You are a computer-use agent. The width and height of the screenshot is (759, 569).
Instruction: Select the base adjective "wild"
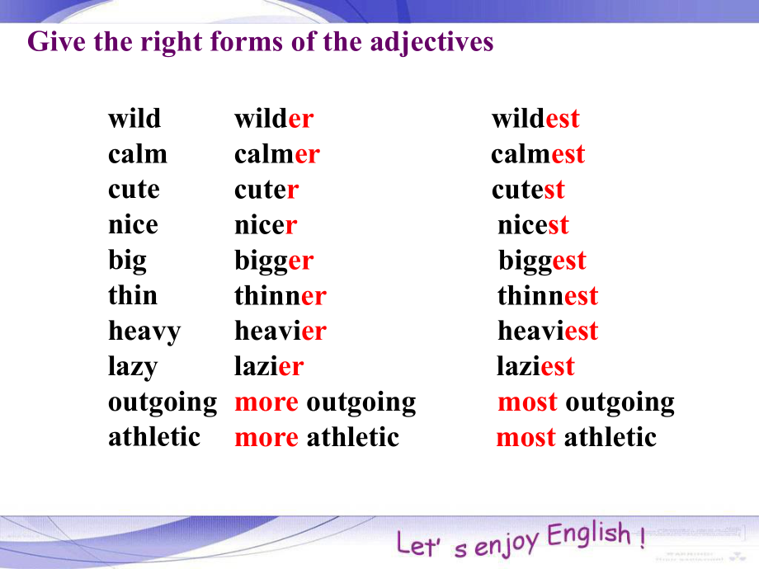pyautogui.click(x=134, y=119)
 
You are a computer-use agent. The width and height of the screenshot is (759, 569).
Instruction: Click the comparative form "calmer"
pyautogui.click(x=277, y=154)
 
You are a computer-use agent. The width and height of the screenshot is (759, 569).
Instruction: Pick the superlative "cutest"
pyautogui.click(x=528, y=190)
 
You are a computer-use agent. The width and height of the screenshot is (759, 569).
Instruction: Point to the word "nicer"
pyautogui.click(x=266, y=225)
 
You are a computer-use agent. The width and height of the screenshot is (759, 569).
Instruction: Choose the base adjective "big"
pyautogui.click(x=127, y=261)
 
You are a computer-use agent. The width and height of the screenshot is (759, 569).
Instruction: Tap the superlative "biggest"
pyautogui.click(x=542, y=261)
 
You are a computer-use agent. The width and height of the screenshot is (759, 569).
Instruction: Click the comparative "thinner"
pyautogui.click(x=280, y=295)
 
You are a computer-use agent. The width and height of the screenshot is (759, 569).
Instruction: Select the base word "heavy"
pyautogui.click(x=144, y=332)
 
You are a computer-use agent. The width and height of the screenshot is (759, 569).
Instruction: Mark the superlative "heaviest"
pyautogui.click(x=548, y=331)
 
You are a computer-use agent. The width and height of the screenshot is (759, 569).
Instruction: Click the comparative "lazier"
pyautogui.click(x=269, y=366)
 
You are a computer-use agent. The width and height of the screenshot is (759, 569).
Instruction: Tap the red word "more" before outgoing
pyautogui.click(x=266, y=402)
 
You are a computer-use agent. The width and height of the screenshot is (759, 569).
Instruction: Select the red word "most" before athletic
pyautogui.click(x=526, y=438)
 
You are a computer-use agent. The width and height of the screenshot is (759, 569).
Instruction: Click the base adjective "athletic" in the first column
pyautogui.click(x=154, y=437)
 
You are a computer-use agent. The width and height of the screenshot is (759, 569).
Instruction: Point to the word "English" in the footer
pyautogui.click(x=589, y=534)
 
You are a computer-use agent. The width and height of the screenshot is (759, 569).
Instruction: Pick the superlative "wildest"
pyautogui.click(x=535, y=119)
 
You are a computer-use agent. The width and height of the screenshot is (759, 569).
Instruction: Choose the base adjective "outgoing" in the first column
pyautogui.click(x=163, y=403)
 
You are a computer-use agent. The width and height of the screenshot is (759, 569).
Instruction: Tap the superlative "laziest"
pyautogui.click(x=535, y=366)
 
